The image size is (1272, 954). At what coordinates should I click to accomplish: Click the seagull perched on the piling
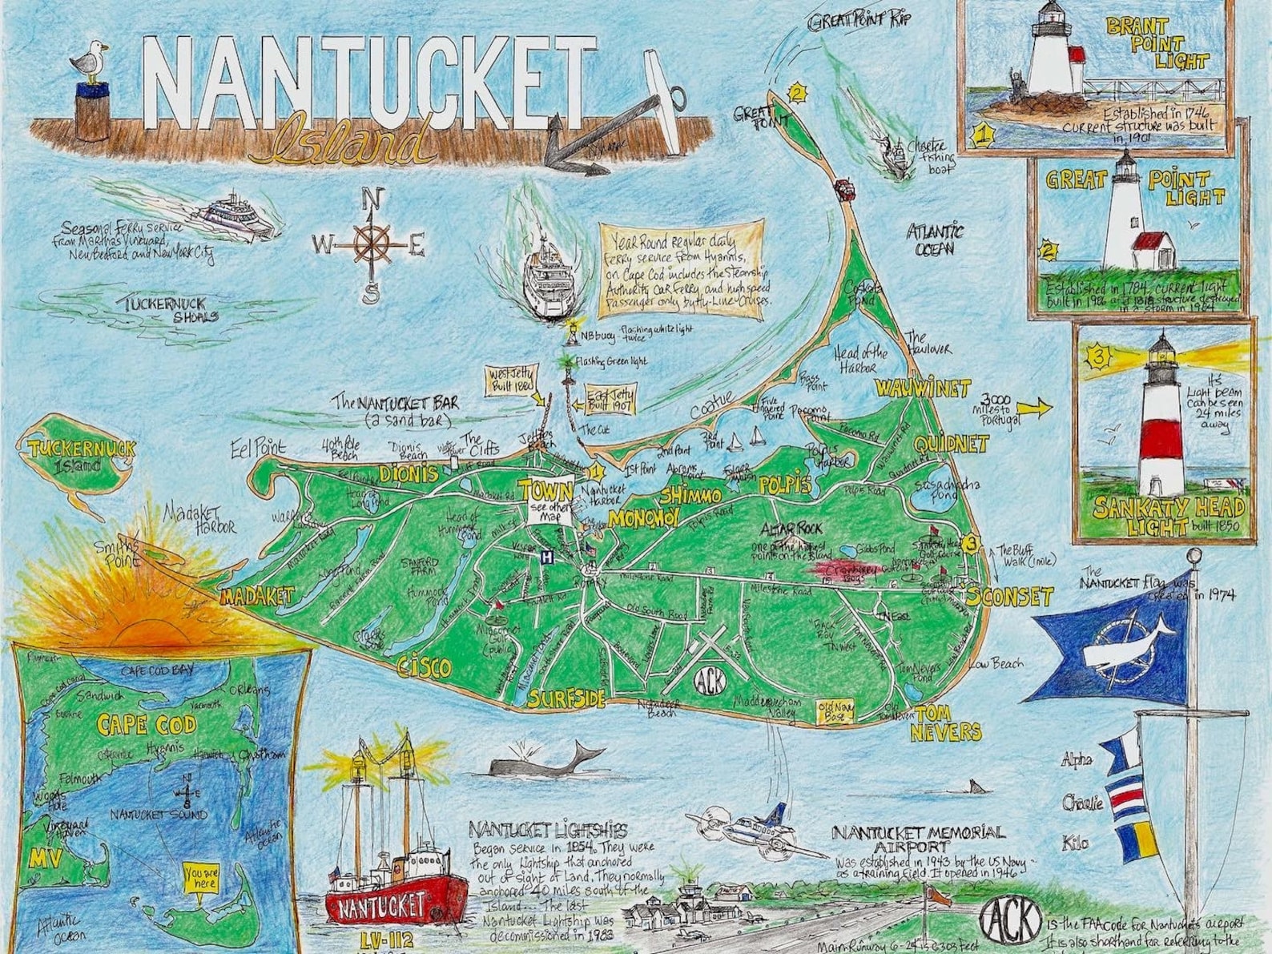pos(88,62)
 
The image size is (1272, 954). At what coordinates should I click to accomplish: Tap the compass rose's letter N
pos(371,198)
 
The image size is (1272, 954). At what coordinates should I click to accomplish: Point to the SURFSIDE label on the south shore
pos(566,698)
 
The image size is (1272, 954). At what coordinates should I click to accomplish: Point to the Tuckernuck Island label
pos(70,455)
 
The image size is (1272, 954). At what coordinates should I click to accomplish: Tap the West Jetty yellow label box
pos(512,380)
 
